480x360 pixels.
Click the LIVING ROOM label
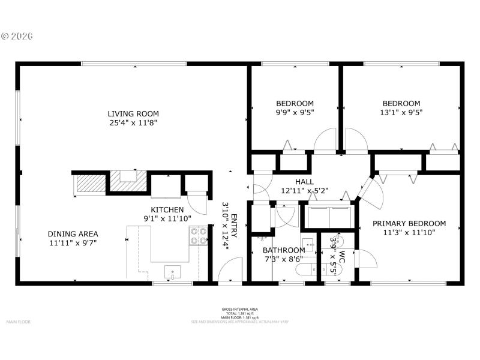[x=133, y=113]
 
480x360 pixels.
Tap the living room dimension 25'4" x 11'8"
[x=133, y=123]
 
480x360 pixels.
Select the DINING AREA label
[x=73, y=234]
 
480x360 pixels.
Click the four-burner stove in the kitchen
[x=199, y=236]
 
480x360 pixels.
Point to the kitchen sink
[x=172, y=272]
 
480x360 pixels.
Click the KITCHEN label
[x=167, y=209]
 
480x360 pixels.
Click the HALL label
[x=304, y=182]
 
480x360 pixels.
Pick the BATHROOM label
[x=284, y=250]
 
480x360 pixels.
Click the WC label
[x=342, y=255]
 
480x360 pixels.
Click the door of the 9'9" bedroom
[x=326, y=140]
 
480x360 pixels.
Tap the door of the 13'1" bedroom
[x=355, y=140]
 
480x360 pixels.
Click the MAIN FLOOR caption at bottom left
[x=18, y=322]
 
